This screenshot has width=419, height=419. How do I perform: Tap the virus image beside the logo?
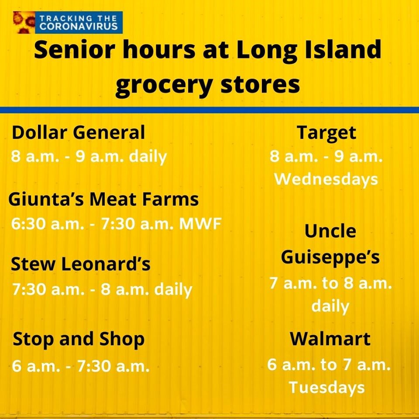click(x=24, y=22)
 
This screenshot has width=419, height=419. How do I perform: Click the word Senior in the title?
click(x=75, y=50)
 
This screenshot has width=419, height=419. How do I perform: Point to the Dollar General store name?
click(x=78, y=132)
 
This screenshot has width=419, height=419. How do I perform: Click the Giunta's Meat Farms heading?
click(x=103, y=199)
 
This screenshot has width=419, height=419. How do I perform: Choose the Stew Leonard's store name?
click(x=80, y=264)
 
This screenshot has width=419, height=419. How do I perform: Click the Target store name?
click(x=326, y=133)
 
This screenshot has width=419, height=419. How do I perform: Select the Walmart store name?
click(x=330, y=339)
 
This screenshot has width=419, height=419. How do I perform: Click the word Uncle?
click(x=330, y=231)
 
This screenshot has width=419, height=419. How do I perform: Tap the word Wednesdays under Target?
click(x=326, y=179)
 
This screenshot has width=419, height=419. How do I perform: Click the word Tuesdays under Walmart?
click(x=326, y=388)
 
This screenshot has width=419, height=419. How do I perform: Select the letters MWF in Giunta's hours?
click(x=200, y=223)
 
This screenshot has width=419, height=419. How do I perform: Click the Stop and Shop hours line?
click(x=80, y=366)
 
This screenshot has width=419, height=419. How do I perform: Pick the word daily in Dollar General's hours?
click(x=148, y=157)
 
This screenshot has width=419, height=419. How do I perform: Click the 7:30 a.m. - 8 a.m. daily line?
click(x=102, y=290)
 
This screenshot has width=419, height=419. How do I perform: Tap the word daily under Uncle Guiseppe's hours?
click(x=330, y=306)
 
